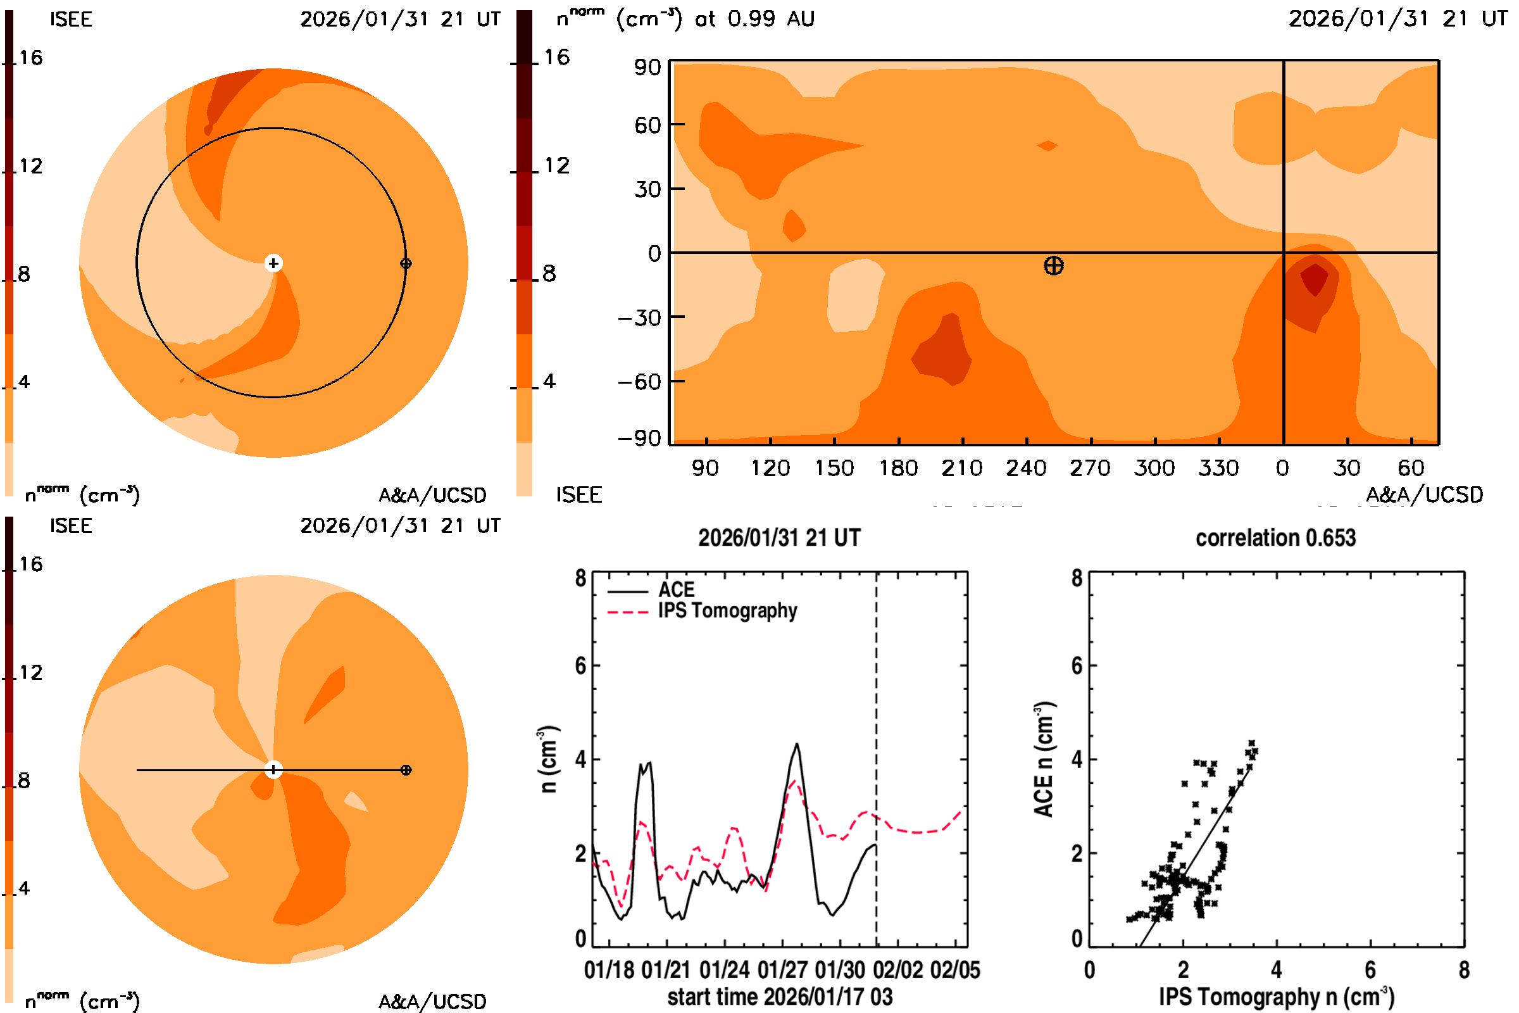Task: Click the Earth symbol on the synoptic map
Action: (x=1053, y=265)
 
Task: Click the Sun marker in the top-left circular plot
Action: (x=273, y=263)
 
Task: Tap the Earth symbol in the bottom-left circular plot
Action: (x=406, y=770)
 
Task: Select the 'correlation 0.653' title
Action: (x=1275, y=538)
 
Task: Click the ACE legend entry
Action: (x=675, y=590)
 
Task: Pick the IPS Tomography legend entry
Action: (x=727, y=610)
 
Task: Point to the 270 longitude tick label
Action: (x=1089, y=468)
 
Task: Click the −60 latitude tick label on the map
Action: (x=639, y=382)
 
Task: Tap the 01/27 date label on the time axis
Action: (x=782, y=970)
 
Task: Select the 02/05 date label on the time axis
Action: (x=955, y=970)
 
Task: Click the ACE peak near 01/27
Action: (x=797, y=745)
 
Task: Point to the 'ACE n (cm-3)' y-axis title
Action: (x=1044, y=759)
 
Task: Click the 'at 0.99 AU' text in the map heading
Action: (x=754, y=19)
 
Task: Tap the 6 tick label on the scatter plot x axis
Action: (x=1370, y=970)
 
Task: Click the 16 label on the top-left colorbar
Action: (x=30, y=58)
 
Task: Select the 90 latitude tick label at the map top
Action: (x=647, y=67)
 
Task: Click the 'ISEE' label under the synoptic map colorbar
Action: (x=578, y=495)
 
